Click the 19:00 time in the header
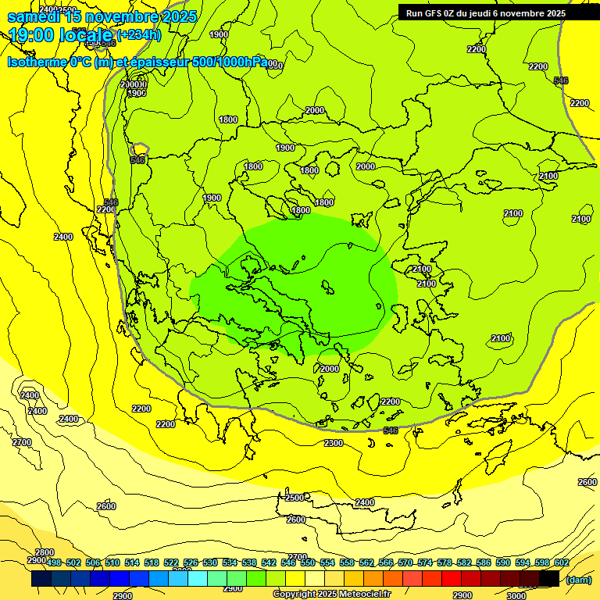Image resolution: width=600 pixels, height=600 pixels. (31, 34)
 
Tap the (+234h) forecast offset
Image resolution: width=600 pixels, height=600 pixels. (138, 34)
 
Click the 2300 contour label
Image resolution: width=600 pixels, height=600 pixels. (334, 443)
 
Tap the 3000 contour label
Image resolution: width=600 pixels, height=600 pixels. (516, 595)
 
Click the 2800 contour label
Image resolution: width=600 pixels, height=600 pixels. (45, 552)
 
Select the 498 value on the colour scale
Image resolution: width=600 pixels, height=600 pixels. (54, 563)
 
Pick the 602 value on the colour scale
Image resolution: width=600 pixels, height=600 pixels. (561, 563)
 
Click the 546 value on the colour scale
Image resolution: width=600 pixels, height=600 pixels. (288, 563)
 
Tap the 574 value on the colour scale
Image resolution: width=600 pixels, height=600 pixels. (425, 563)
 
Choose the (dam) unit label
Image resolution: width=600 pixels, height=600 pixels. (579, 580)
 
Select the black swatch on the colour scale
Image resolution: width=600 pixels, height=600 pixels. (548, 579)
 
